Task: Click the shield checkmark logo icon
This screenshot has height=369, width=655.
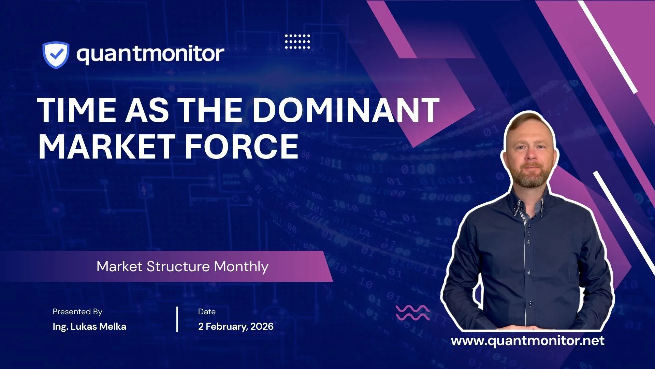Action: click(56, 54)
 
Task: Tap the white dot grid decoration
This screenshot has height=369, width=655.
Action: click(297, 41)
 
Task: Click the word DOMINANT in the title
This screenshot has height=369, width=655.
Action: click(346, 110)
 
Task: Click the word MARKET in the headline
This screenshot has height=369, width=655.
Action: click(106, 146)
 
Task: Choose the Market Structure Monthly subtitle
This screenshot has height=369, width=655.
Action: click(183, 266)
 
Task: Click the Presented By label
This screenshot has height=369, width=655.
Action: click(77, 312)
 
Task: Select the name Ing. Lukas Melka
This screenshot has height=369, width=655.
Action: click(89, 327)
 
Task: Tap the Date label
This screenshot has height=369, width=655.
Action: click(207, 312)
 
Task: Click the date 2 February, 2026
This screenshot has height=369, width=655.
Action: click(236, 327)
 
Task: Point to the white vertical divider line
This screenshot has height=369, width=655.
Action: click(177, 319)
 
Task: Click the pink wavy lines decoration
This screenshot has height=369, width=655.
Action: click(412, 313)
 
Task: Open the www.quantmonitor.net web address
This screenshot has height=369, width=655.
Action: click(528, 341)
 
